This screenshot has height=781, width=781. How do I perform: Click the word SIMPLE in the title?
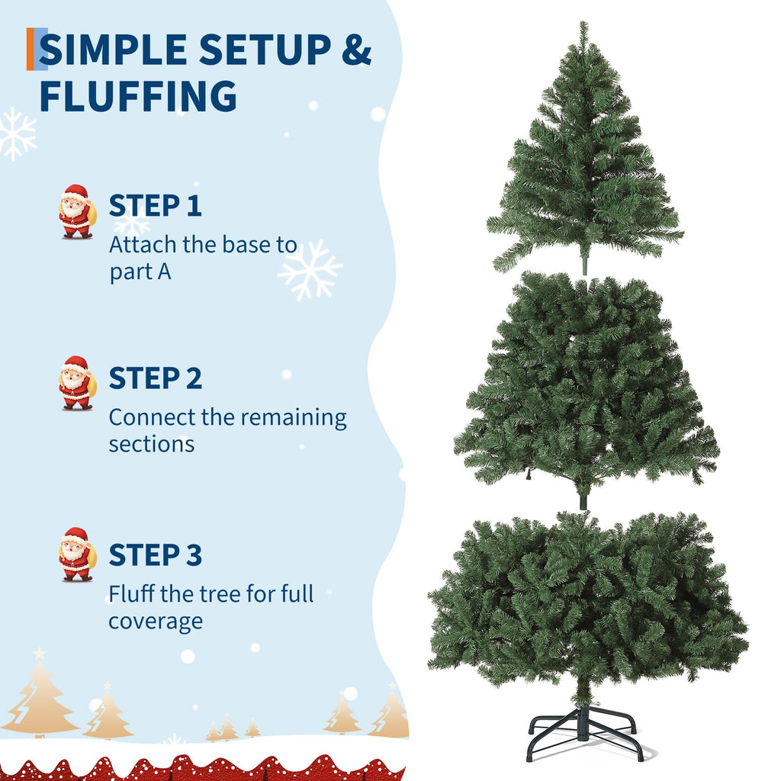pos(113,50)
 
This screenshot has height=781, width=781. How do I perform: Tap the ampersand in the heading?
pos(356,50)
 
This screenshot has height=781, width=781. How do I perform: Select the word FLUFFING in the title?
pos(138,95)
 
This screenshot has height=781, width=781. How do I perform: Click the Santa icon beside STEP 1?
pos(76,212)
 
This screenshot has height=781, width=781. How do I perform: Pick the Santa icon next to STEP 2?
pos(77,383)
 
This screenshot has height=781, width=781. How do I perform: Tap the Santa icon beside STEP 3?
pos(77,554)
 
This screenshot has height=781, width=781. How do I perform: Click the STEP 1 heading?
pos(156,206)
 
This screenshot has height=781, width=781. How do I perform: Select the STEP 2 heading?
pos(156,378)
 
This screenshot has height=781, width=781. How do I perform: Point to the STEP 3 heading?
pos(156,555)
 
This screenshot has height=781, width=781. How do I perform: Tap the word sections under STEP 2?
pos(152,445)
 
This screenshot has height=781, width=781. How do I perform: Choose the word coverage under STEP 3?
pos(156,622)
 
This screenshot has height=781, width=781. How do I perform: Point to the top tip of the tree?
pos(583,22)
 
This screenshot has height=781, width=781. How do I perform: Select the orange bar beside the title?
pos(31,49)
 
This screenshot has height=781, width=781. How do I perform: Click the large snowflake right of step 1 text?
pos(310,270)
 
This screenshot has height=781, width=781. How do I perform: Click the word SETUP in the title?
pos(265,50)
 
